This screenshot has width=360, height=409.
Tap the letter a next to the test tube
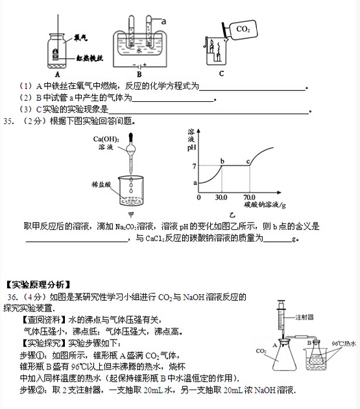(163, 21)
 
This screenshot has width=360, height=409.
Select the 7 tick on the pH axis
(193, 166)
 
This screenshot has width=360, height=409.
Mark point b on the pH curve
(222, 161)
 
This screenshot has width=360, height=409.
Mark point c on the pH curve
(248, 161)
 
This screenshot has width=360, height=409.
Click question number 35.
(9, 120)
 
